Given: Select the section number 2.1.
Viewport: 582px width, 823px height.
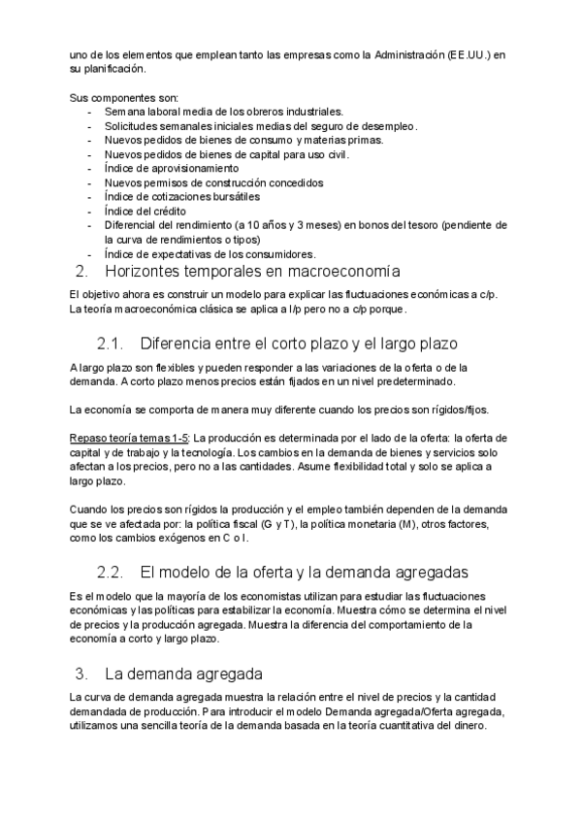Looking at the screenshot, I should point(113,343).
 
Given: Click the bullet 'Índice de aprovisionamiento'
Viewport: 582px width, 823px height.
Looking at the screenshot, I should point(171,169).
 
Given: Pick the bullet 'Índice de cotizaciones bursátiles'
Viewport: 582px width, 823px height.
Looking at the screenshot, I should point(185,197).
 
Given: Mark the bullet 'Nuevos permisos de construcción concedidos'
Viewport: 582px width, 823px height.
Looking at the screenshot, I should point(213,182).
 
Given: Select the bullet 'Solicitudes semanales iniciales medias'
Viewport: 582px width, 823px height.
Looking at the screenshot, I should point(260,126).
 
